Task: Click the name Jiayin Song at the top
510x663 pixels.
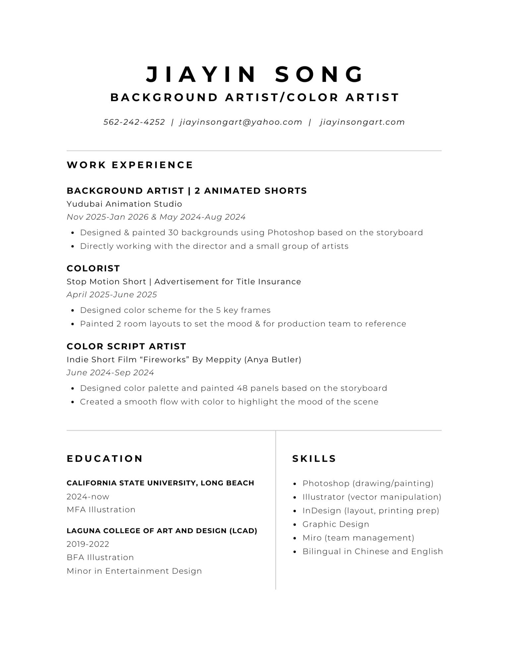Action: click(x=255, y=74)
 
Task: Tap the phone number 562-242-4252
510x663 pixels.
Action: click(x=134, y=122)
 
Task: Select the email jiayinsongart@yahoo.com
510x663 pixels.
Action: click(x=241, y=122)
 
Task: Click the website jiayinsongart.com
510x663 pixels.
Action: click(x=362, y=122)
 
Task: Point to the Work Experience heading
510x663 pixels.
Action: click(x=130, y=165)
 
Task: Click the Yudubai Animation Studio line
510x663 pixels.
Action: click(x=124, y=204)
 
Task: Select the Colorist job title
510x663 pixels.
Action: click(x=93, y=268)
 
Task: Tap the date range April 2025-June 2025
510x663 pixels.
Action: click(x=112, y=295)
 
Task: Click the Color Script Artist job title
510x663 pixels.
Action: click(x=126, y=346)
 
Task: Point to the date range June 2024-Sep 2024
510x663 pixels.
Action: click(x=110, y=373)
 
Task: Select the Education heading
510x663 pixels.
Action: click(x=105, y=459)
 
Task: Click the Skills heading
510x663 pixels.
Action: click(x=314, y=459)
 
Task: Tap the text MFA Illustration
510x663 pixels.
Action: click(x=101, y=510)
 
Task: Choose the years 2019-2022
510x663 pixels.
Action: click(x=88, y=544)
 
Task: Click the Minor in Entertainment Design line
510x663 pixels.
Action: click(x=134, y=571)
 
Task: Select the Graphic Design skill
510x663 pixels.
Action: click(x=336, y=524)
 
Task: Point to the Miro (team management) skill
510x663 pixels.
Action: click(x=358, y=538)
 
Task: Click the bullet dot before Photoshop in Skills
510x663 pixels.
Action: click(x=295, y=484)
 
